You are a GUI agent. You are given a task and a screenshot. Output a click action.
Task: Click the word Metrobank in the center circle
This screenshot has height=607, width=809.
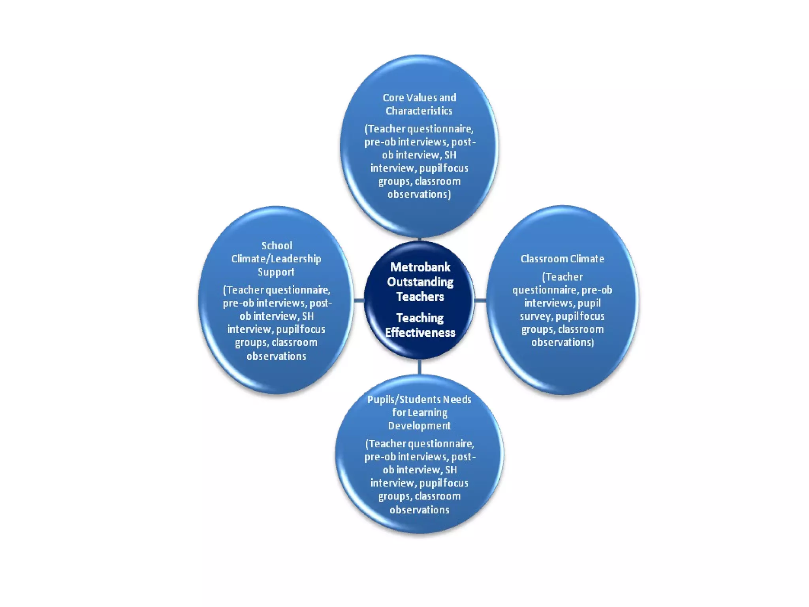pos(420,268)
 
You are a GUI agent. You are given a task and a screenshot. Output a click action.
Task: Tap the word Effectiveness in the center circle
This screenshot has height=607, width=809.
pos(420,333)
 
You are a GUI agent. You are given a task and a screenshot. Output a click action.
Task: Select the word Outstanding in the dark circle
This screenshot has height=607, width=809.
pos(420,282)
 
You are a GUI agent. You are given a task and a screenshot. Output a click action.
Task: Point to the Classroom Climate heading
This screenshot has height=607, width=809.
pos(562,259)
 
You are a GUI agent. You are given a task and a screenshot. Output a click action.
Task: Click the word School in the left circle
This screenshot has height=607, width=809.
pos(277,246)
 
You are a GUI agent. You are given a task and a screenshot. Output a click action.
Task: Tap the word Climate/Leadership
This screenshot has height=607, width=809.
pos(276,259)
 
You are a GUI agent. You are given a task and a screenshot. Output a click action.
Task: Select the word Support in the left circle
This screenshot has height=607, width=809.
pos(276,272)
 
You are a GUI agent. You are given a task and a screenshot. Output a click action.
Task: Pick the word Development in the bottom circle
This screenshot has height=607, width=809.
pos(419,426)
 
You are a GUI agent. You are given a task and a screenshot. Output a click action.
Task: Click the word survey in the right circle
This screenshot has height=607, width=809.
pos(537,317)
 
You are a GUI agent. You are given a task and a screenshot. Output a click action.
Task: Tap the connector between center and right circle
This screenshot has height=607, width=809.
pos(480,301)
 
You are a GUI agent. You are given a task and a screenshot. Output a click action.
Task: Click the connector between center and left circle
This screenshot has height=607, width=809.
pos(359,301)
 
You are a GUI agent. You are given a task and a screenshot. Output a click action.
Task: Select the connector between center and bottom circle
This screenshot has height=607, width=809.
pos(419,367)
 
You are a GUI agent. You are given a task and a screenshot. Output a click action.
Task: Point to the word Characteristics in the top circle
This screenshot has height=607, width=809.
pos(419,111)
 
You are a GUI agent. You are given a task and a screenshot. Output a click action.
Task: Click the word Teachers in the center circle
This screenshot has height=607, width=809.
pos(420,297)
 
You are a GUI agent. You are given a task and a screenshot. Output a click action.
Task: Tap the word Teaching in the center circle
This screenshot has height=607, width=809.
pos(420,318)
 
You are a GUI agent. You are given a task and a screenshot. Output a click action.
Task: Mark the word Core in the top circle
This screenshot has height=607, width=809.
pos(393,98)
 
